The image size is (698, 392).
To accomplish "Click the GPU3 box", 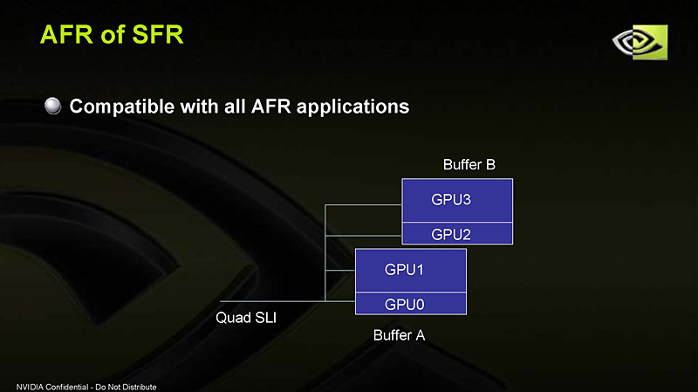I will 456,200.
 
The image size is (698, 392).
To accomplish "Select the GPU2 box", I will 456,233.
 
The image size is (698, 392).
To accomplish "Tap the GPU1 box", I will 410,270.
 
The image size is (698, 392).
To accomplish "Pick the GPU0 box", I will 410,303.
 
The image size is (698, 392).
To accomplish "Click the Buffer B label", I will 469,164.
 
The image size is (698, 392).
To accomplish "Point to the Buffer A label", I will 399,334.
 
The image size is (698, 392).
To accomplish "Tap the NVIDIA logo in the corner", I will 639,41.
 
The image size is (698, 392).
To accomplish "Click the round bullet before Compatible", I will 53,107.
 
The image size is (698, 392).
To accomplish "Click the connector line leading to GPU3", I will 362,205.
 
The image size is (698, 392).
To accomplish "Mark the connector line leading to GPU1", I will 340,271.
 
